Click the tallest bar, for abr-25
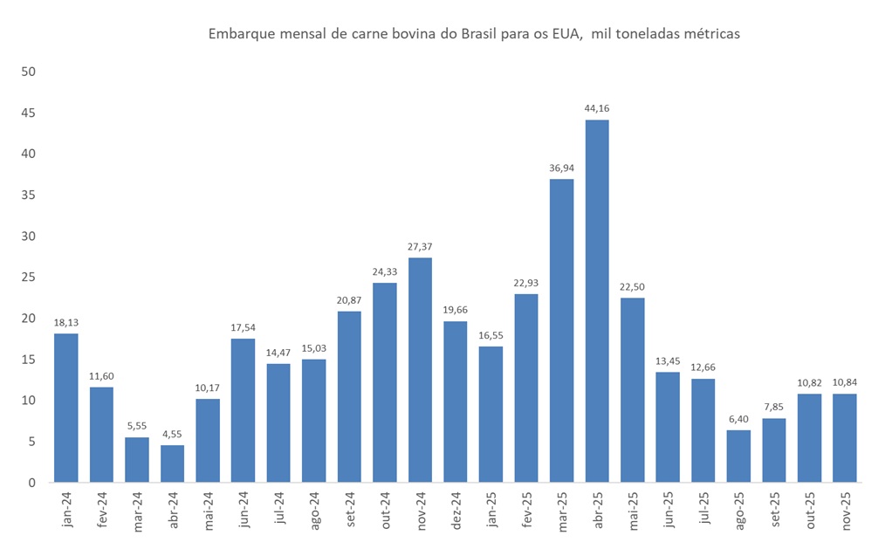tap(597, 301)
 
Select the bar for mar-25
tap(562, 331)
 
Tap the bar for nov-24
tap(420, 370)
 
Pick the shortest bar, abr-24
tap(172, 463)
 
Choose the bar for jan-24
tap(65, 408)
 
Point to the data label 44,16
tap(597, 108)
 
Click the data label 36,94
tap(562, 168)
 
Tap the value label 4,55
tap(172, 434)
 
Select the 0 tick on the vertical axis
tap(31, 483)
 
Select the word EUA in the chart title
tap(566, 34)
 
